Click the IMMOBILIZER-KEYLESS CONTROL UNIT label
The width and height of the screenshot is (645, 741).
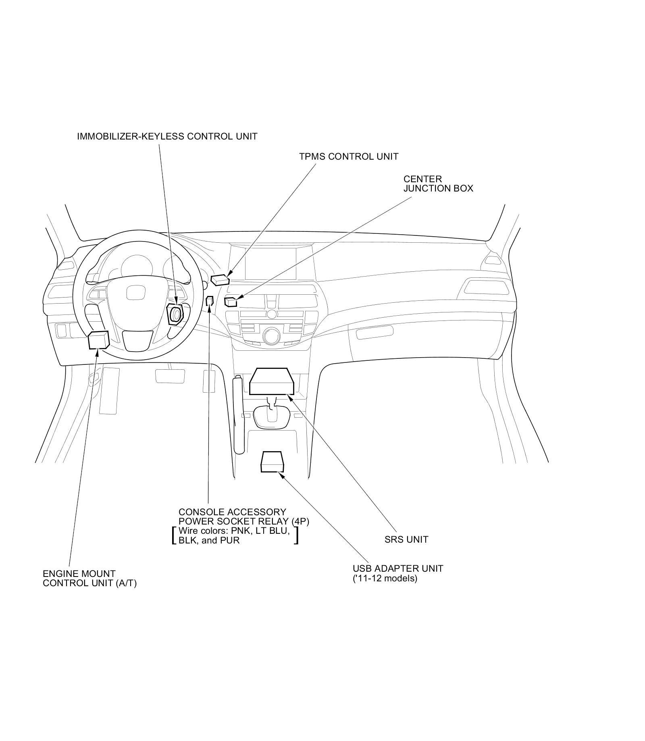pyautogui.click(x=167, y=136)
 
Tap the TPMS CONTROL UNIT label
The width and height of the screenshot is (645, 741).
pyautogui.click(x=348, y=156)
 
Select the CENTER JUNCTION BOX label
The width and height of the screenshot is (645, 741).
pyautogui.click(x=438, y=183)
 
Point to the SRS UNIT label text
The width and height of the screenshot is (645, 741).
pyautogui.click(x=406, y=539)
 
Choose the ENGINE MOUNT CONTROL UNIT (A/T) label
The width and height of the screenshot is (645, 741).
pyautogui.click(x=89, y=578)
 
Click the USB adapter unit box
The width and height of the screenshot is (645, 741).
pyautogui.click(x=273, y=462)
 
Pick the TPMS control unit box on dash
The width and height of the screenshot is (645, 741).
pyautogui.click(x=220, y=279)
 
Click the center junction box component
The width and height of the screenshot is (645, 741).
pyautogui.click(x=231, y=302)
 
